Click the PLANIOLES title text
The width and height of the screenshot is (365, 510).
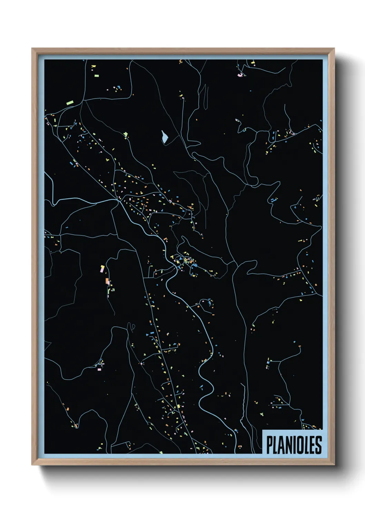tap(294, 445)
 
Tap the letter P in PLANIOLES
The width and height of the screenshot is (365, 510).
tap(269, 445)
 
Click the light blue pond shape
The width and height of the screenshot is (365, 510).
tap(165, 137)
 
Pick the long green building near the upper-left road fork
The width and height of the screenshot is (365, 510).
tap(70, 102)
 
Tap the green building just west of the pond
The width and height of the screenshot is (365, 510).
tap(126, 134)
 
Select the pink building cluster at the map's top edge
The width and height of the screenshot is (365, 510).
tap(240, 75)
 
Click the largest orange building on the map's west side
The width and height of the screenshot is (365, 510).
tap(107, 281)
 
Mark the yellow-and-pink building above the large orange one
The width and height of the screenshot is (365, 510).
tap(102, 268)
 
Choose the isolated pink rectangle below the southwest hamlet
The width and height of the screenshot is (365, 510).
tap(99, 369)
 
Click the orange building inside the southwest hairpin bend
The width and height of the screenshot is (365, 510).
tap(68, 409)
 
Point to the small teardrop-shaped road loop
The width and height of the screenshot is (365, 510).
tap(131, 326)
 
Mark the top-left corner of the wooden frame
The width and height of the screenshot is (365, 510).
tap(32, 49)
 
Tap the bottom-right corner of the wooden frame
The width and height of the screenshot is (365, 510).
tap(334, 465)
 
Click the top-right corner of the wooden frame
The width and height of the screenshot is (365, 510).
tap(334, 49)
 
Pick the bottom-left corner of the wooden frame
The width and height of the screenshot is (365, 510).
tap(32, 465)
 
